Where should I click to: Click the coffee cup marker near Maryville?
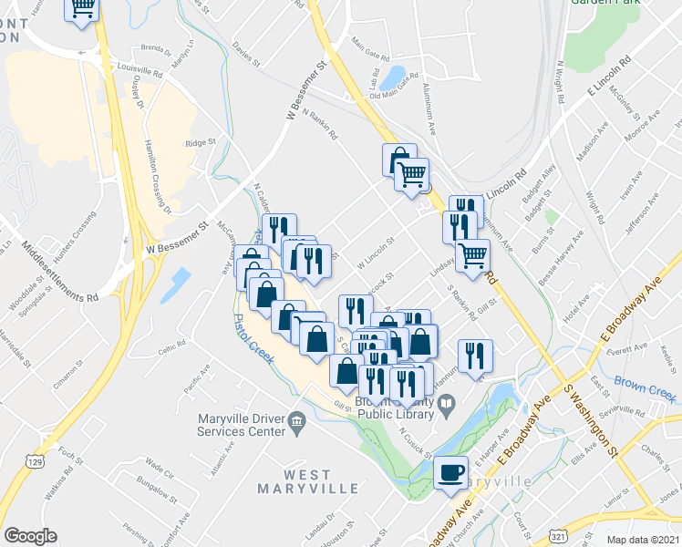point(449,472)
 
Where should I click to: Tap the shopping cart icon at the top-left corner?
point(82,8)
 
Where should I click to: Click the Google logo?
point(30,536)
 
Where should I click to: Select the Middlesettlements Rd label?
point(59,272)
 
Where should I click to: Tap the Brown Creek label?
point(644,388)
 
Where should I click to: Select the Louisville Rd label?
point(140,68)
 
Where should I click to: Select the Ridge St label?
point(200,143)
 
